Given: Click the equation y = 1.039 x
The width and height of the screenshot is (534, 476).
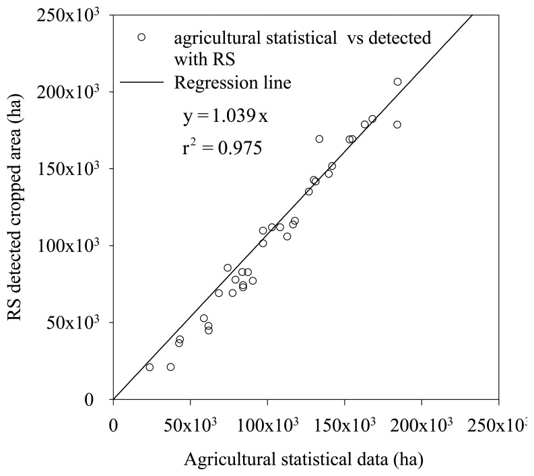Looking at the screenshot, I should [226, 116].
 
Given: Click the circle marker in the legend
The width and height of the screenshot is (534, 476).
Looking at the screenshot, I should [141, 38].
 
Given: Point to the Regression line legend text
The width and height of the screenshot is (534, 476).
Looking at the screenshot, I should [232, 83].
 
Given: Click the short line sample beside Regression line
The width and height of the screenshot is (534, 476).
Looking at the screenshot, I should [142, 83].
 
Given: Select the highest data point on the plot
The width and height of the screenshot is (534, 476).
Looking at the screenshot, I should [397, 82].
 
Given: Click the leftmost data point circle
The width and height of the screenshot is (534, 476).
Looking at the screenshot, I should [149, 367].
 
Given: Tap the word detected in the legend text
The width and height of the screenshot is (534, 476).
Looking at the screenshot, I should [401, 38].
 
